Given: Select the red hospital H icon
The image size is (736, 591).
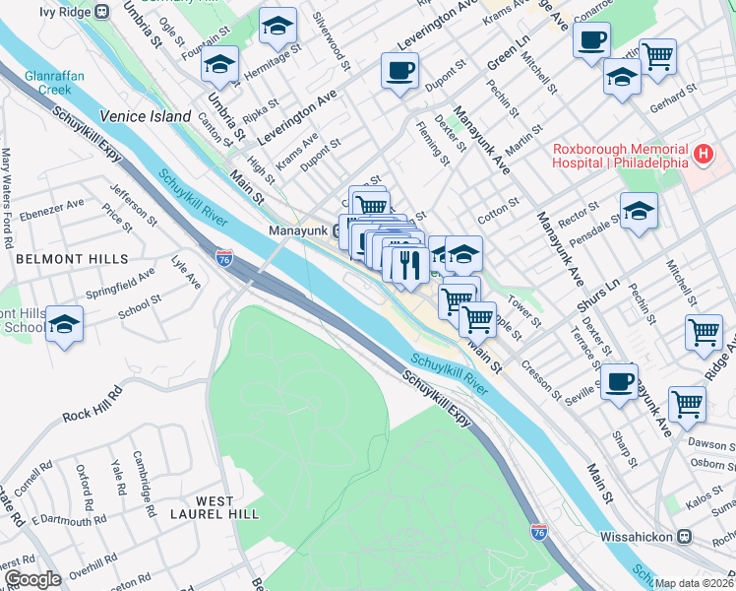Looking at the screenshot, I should (x=704, y=154).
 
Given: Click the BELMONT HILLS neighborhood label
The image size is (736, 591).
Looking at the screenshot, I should (x=72, y=259).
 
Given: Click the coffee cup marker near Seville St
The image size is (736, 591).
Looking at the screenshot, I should (x=618, y=382).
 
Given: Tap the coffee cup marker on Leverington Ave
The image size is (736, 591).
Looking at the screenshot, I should (x=399, y=72).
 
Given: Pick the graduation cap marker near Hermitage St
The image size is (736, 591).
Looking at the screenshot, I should (x=218, y=66).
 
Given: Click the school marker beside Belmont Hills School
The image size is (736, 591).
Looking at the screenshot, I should (x=64, y=325).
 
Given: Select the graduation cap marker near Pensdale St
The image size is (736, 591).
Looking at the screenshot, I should (x=639, y=211).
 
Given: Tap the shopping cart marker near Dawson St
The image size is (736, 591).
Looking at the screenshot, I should (x=687, y=403).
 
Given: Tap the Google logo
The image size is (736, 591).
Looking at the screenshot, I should (x=32, y=579).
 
